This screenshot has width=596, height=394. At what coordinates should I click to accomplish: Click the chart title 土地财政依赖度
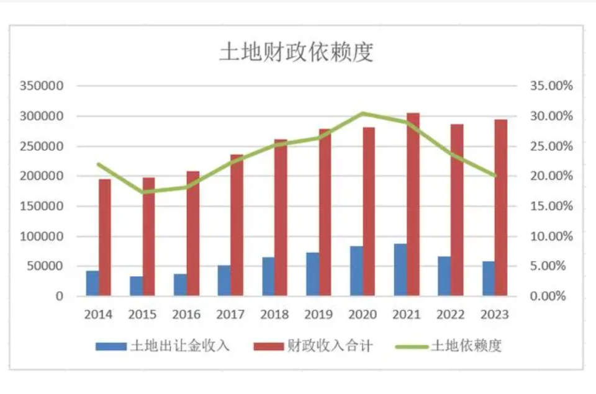[297, 53]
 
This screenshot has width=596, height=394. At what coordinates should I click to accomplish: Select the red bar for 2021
[413, 205]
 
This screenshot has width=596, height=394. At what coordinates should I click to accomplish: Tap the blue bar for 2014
[93, 283]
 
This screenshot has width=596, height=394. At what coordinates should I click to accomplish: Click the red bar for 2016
[193, 233]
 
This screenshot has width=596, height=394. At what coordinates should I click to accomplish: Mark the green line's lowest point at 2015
[143, 192]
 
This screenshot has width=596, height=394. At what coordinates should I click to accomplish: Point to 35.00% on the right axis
[551, 86]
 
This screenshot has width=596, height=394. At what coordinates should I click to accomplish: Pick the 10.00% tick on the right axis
[551, 236]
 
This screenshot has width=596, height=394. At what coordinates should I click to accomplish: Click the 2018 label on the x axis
[275, 315]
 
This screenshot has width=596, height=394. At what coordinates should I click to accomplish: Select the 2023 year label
[495, 315]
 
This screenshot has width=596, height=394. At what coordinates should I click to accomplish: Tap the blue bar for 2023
[489, 279]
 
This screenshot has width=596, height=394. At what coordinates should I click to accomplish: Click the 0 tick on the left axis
[59, 297]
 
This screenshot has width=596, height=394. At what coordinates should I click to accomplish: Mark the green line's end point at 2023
[495, 176]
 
